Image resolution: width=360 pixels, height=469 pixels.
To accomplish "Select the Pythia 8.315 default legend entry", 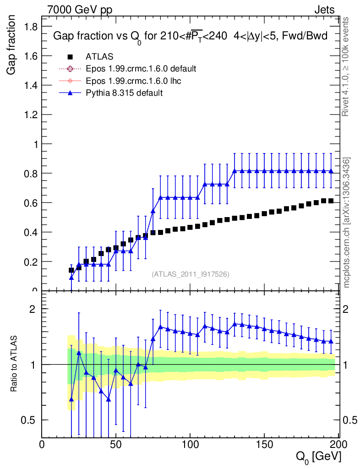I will click(124, 93).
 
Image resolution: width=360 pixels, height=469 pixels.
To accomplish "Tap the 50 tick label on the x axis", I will click(116, 444).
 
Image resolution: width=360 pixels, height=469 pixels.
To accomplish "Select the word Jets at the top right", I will click(324, 9).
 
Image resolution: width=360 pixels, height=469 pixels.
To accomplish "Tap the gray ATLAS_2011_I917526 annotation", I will click(191, 274).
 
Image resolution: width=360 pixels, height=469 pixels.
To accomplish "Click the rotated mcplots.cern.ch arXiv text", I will click(347, 223).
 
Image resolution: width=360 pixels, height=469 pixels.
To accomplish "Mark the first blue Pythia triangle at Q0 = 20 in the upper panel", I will click(71, 278).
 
